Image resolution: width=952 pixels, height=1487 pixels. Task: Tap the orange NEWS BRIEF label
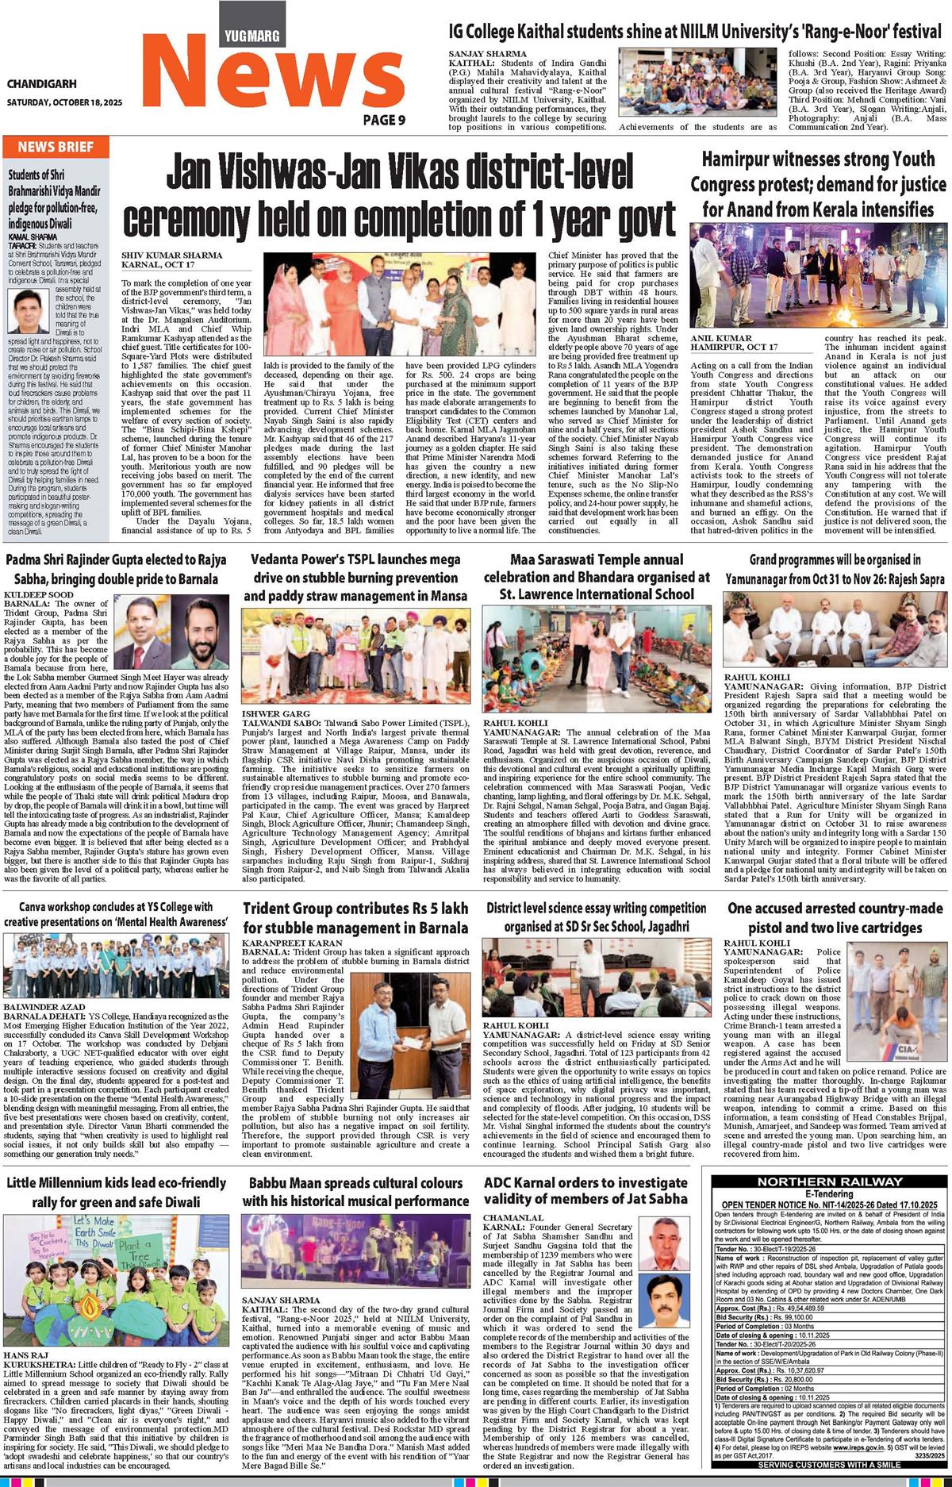click(x=56, y=147)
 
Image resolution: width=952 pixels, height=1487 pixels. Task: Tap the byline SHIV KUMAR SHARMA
click(x=171, y=255)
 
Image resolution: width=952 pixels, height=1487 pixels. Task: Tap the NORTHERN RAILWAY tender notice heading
click(x=830, y=1182)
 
